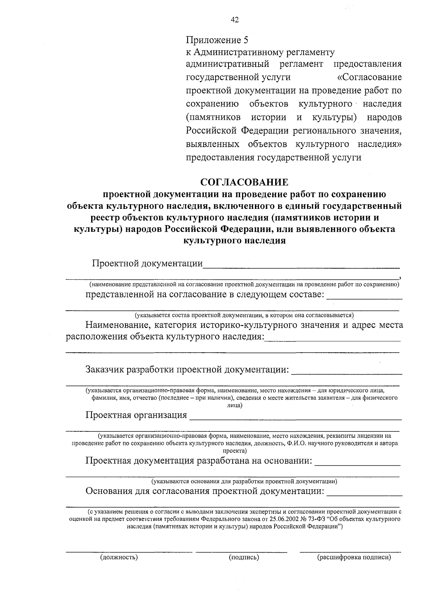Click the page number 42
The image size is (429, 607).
(235, 20)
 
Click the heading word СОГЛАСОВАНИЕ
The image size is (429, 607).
(244, 182)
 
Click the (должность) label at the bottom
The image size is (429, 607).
(119, 557)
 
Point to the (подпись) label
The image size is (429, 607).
(244, 557)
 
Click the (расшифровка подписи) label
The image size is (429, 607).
(354, 557)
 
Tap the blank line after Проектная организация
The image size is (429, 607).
(295, 419)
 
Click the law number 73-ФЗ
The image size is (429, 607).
(337, 519)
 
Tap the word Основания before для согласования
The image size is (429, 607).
(109, 491)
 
